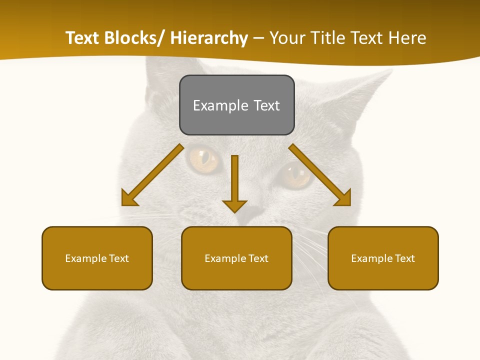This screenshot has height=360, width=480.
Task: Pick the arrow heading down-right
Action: tap(320, 175)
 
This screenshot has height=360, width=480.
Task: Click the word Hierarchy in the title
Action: tap(209, 38)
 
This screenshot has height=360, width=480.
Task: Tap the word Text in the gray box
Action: tap(266, 105)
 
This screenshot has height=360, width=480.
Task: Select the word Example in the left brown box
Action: tap(85, 258)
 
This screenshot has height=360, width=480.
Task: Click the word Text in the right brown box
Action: tap(404, 258)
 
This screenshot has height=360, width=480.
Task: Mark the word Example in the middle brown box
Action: tap(225, 258)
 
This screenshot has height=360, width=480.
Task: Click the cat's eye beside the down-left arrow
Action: tap(204, 157)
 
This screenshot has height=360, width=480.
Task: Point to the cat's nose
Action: tap(252, 212)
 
